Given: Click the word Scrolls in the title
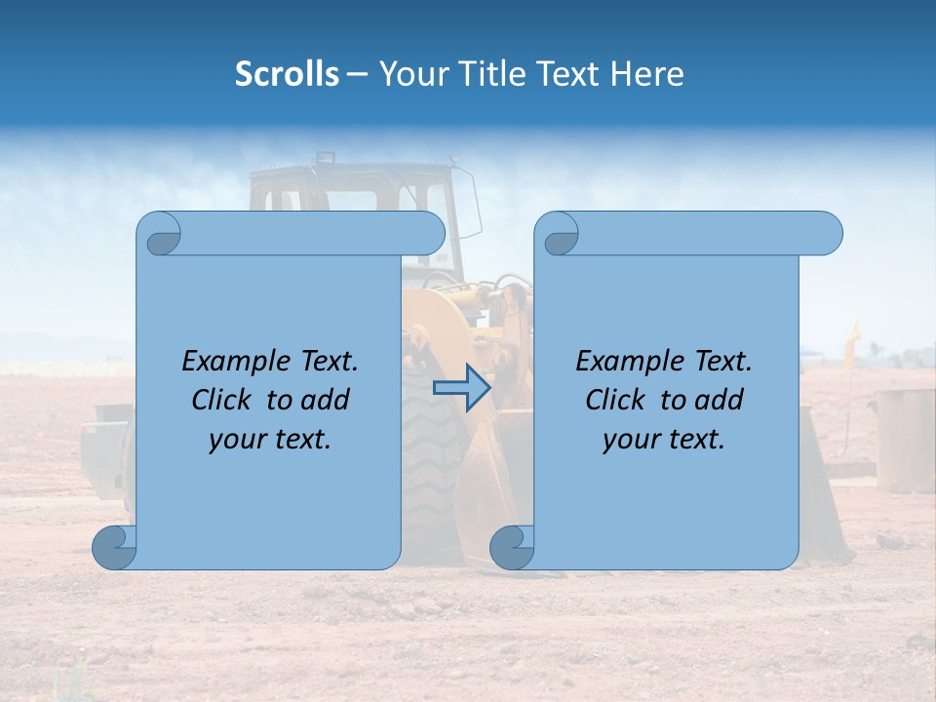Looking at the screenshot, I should tap(287, 74).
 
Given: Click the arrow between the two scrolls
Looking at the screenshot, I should tap(461, 388).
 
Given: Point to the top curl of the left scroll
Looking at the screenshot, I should tap(160, 235).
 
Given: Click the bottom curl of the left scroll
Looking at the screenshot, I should tap(115, 547).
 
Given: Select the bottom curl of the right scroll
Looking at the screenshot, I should tap(513, 547).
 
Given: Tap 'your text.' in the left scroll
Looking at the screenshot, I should tap(269, 440).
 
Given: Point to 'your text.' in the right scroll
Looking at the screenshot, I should tap(663, 440).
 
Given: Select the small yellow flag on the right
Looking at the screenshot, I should tap(854, 336).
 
